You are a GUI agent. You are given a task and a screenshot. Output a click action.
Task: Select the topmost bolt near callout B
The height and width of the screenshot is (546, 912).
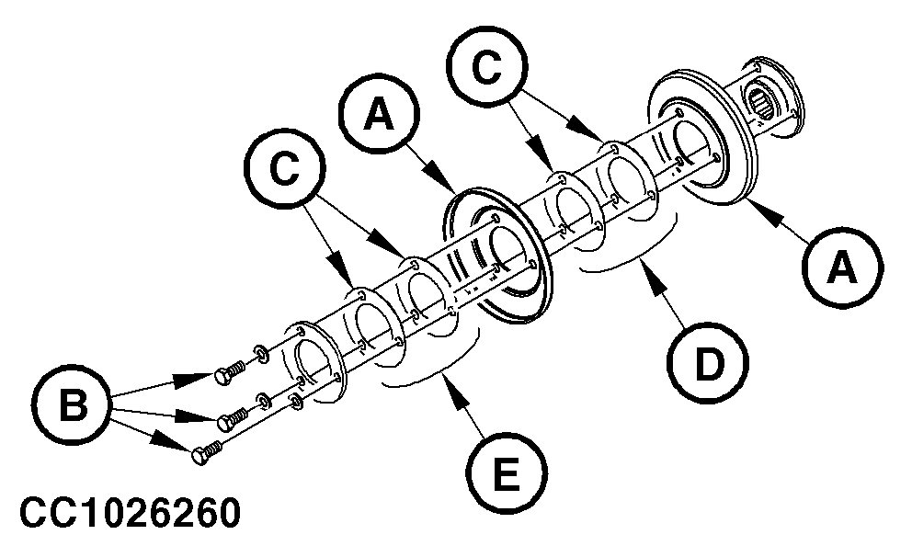[226, 372]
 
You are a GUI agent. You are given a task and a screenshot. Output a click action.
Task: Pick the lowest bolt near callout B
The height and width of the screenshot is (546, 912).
[205, 452]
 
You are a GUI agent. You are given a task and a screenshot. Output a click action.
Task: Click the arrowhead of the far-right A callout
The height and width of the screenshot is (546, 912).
[752, 205]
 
